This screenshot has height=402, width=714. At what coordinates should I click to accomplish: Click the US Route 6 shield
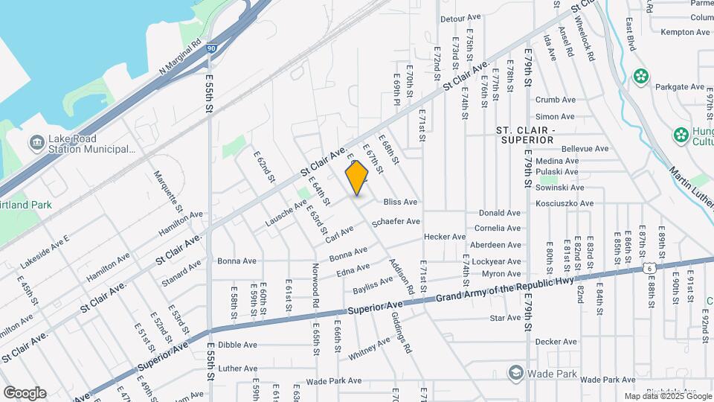point(649,267)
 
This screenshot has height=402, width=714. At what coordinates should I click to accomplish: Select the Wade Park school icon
point(515,371)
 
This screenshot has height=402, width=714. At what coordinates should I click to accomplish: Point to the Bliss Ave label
point(400,202)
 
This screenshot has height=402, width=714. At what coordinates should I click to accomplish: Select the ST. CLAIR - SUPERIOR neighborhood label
point(525,135)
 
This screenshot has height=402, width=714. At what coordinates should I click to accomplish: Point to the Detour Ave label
point(461,18)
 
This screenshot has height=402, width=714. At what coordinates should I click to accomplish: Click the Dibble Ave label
point(238,345)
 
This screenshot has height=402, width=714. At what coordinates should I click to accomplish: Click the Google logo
point(25,392)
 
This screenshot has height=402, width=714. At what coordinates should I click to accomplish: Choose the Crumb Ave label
point(556,100)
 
